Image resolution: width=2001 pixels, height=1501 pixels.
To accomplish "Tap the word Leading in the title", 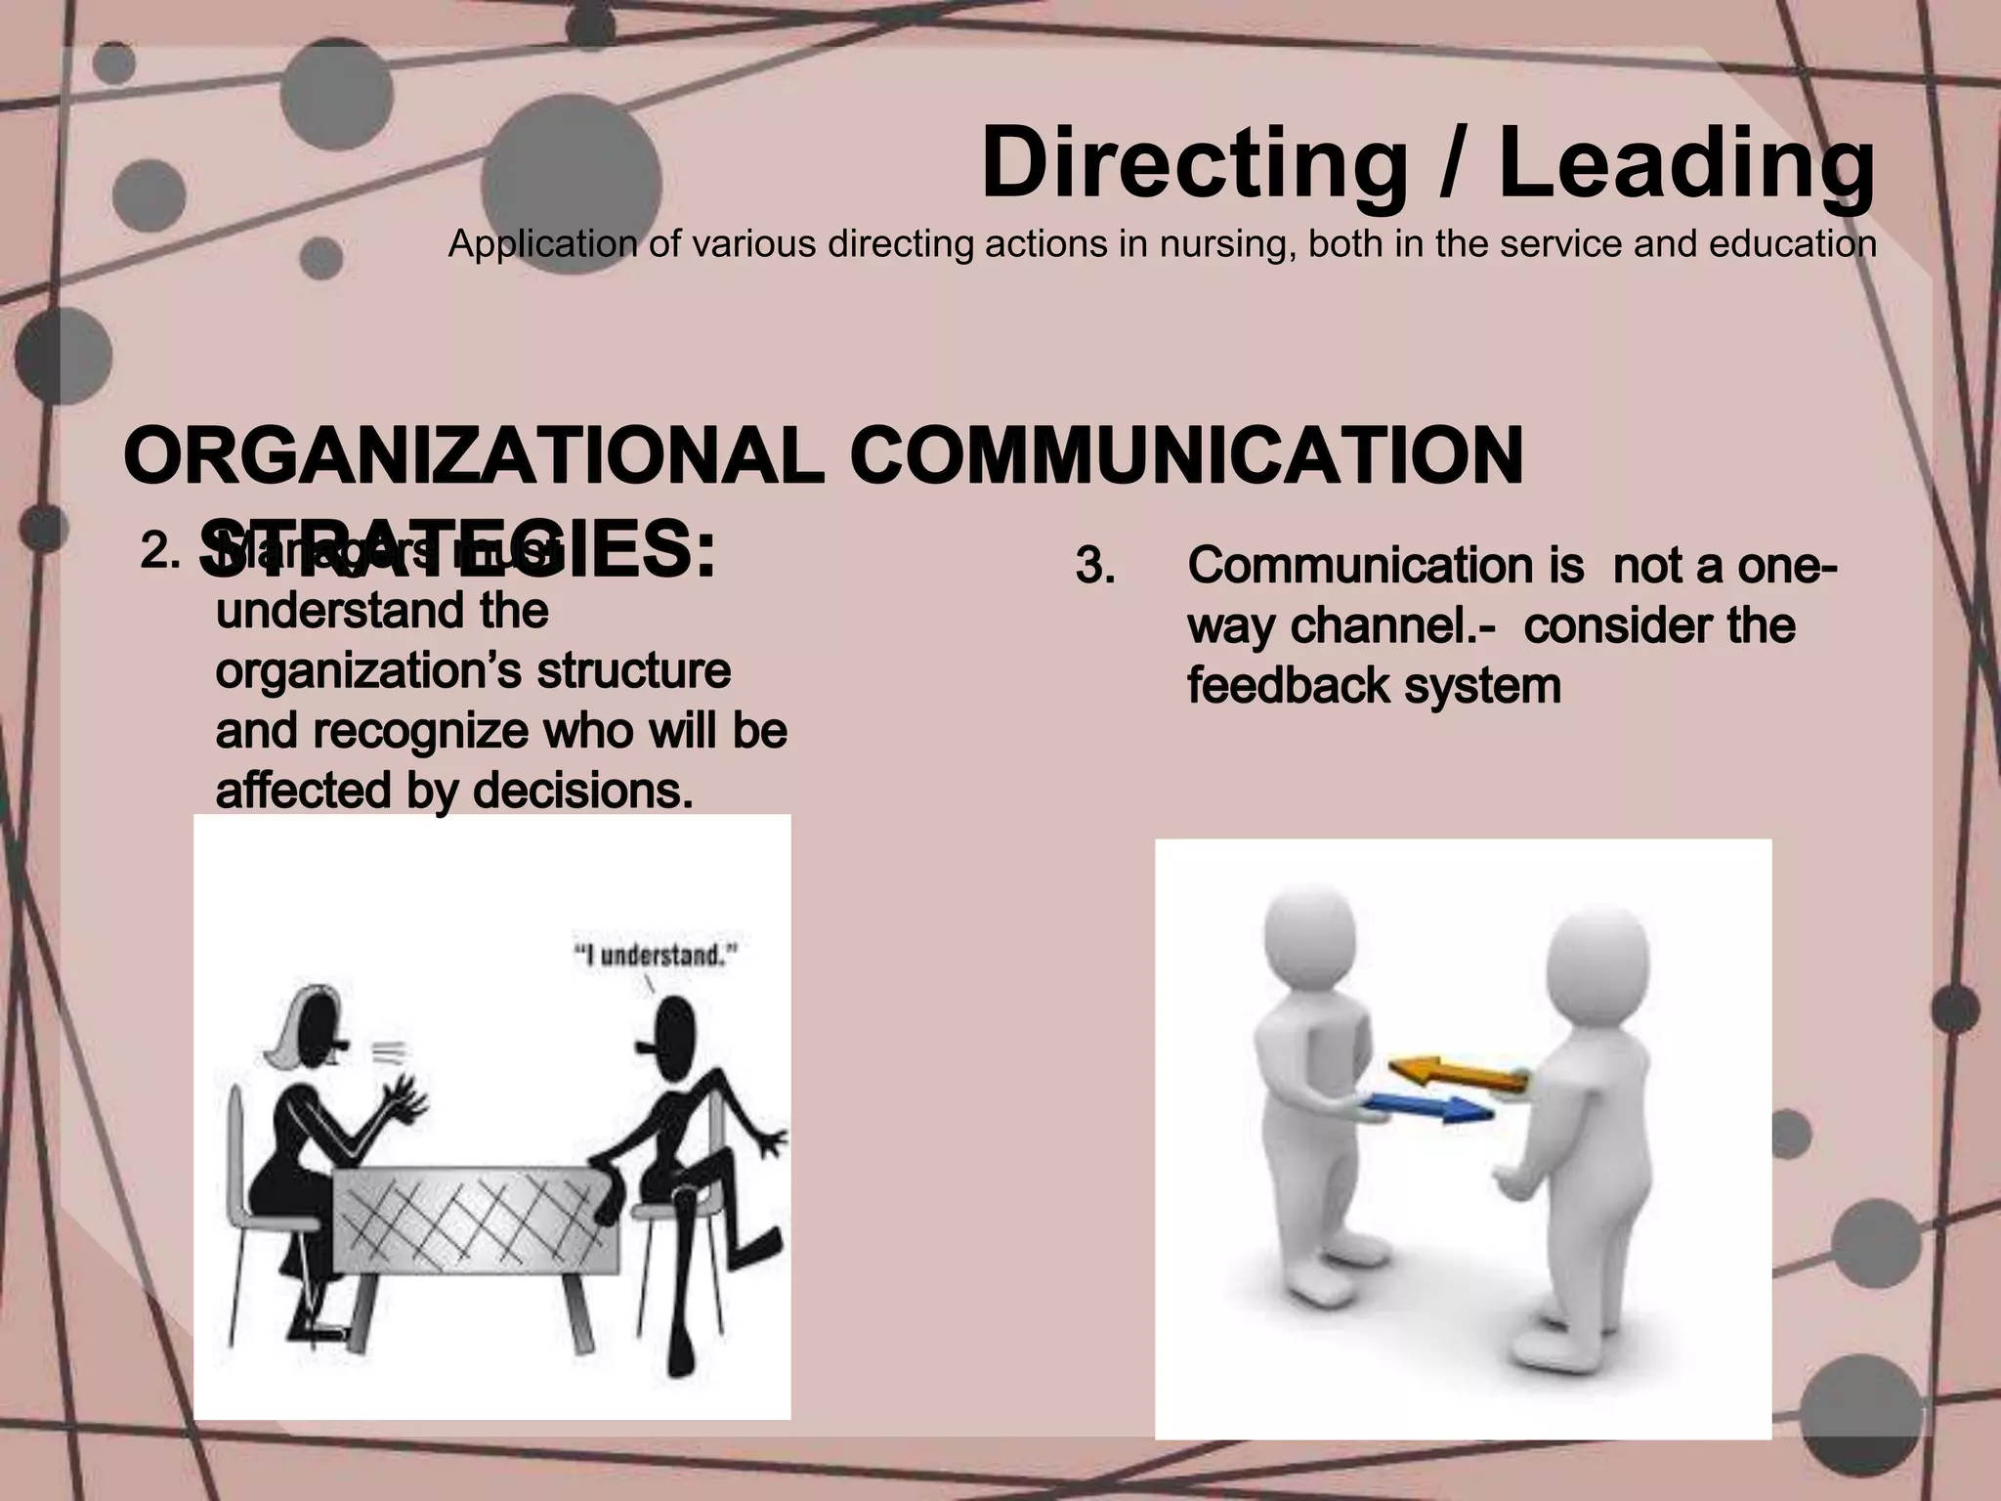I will click(x=1685, y=163).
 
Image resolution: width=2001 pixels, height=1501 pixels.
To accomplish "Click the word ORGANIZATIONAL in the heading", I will click(x=474, y=457).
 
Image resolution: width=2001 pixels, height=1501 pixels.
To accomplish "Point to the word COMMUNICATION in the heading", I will click(x=1187, y=457).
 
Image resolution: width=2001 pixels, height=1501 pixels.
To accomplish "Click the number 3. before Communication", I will click(x=1095, y=566).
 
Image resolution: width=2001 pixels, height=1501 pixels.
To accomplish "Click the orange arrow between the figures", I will click(x=1458, y=1074).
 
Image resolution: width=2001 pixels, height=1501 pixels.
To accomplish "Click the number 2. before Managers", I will click(x=160, y=552).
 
